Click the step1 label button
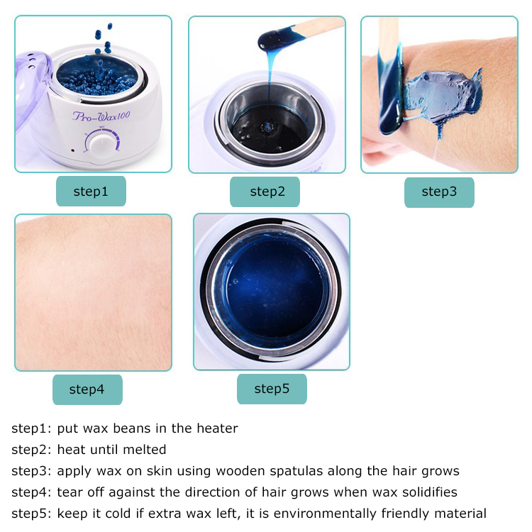pyautogui.click(x=91, y=191)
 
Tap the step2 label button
pyautogui.click(x=265, y=192)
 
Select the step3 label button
pyautogui.click(x=439, y=192)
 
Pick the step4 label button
pyautogui.click(x=87, y=389)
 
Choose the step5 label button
pyautogui.click(x=272, y=389)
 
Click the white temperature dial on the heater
pyautogui.click(x=101, y=145)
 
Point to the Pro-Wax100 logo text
pyautogui.click(x=101, y=116)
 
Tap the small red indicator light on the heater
pyautogui.click(x=72, y=150)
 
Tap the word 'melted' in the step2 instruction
pyautogui.click(x=145, y=450)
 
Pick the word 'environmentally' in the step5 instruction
pyautogui.click(x=325, y=514)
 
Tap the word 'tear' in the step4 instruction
pyautogui.click(x=70, y=492)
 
